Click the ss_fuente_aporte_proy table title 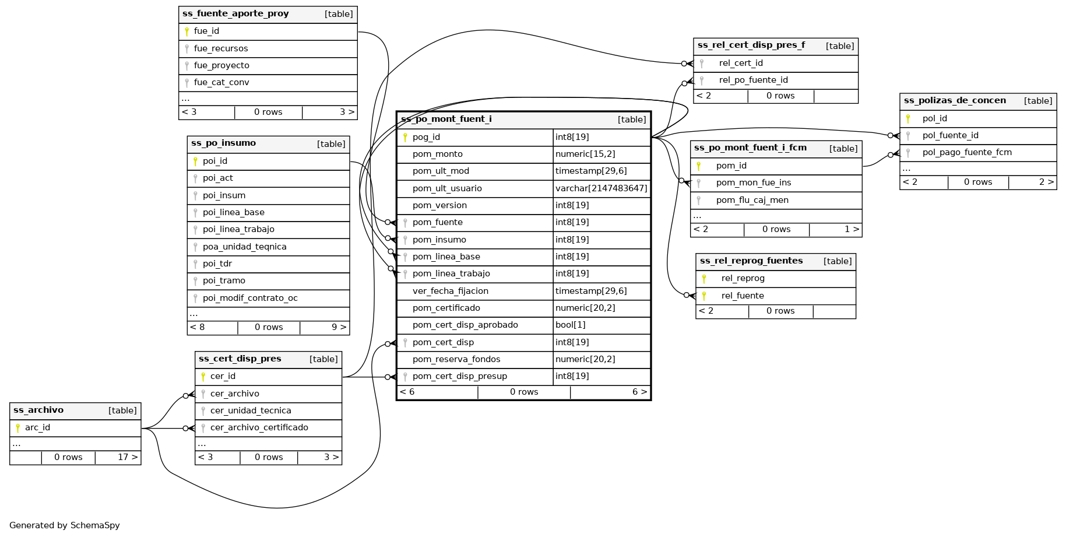(x=235, y=14)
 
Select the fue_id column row (x=207, y=31)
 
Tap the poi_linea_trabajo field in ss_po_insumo (x=238, y=230)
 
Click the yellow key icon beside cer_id (x=203, y=377)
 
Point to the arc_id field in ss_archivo (x=37, y=428)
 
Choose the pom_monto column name (x=437, y=155)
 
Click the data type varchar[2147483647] (x=601, y=188)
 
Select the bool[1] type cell (x=570, y=325)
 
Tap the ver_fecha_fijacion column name (x=450, y=292)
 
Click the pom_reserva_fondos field (x=456, y=360)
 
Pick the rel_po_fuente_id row (x=753, y=80)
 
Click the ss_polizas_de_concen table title (x=955, y=101)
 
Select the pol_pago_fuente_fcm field (x=967, y=153)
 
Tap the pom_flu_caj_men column (x=752, y=201)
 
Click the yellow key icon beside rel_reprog (x=704, y=279)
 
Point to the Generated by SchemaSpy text (x=65, y=526)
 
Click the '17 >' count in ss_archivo (x=128, y=458)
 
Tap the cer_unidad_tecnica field (x=251, y=411)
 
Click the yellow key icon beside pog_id (x=405, y=138)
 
